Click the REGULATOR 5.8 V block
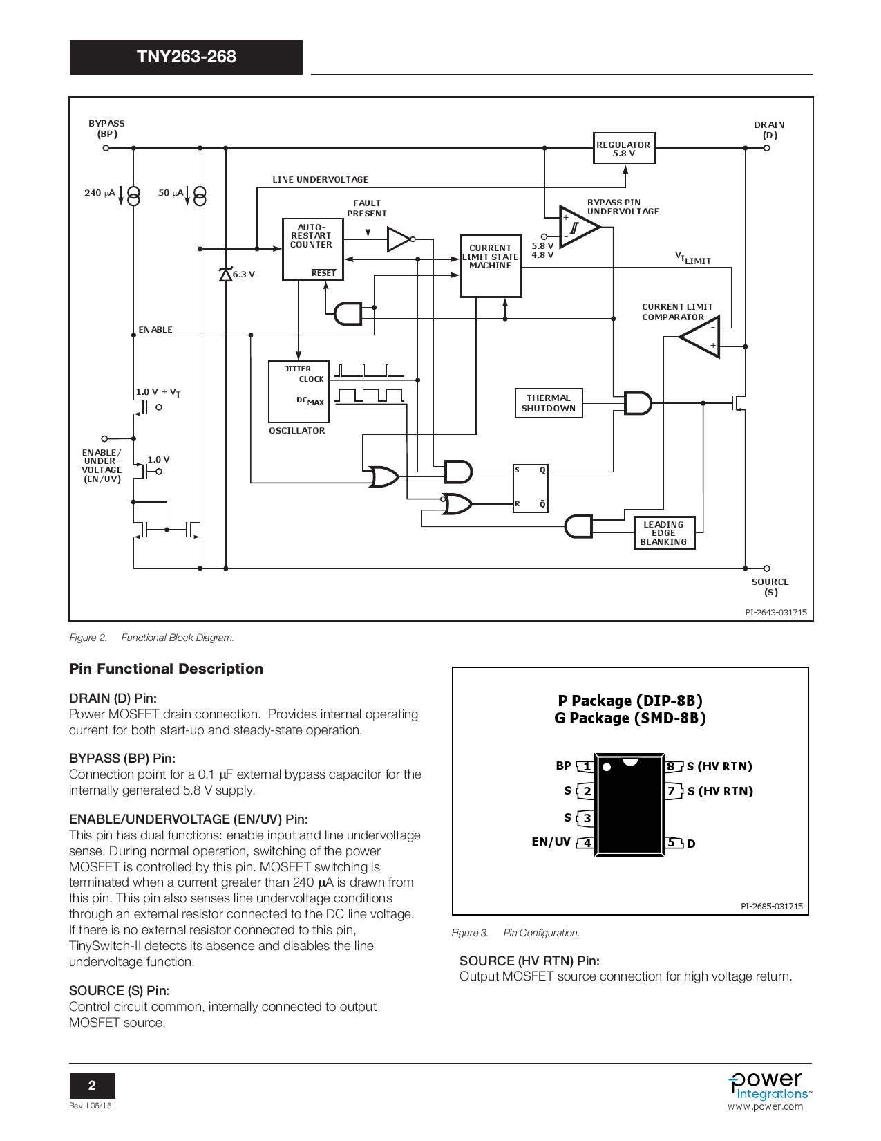(x=624, y=148)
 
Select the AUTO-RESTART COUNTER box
(x=312, y=249)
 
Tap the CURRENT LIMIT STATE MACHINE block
(x=491, y=266)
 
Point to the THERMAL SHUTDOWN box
(x=549, y=403)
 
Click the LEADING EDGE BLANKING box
(x=664, y=533)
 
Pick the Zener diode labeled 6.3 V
(x=226, y=275)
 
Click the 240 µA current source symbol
(x=133, y=196)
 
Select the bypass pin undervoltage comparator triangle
(x=578, y=228)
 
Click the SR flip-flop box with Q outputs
(x=530, y=488)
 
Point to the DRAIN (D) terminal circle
(x=767, y=148)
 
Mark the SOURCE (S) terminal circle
(x=767, y=568)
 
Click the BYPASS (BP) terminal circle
(x=106, y=148)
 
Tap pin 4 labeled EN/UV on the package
(x=587, y=842)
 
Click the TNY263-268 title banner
(x=186, y=57)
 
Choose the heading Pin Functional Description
(x=166, y=669)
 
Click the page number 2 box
(x=92, y=1086)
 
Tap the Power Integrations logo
(x=768, y=1086)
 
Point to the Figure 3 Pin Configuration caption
(x=515, y=933)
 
